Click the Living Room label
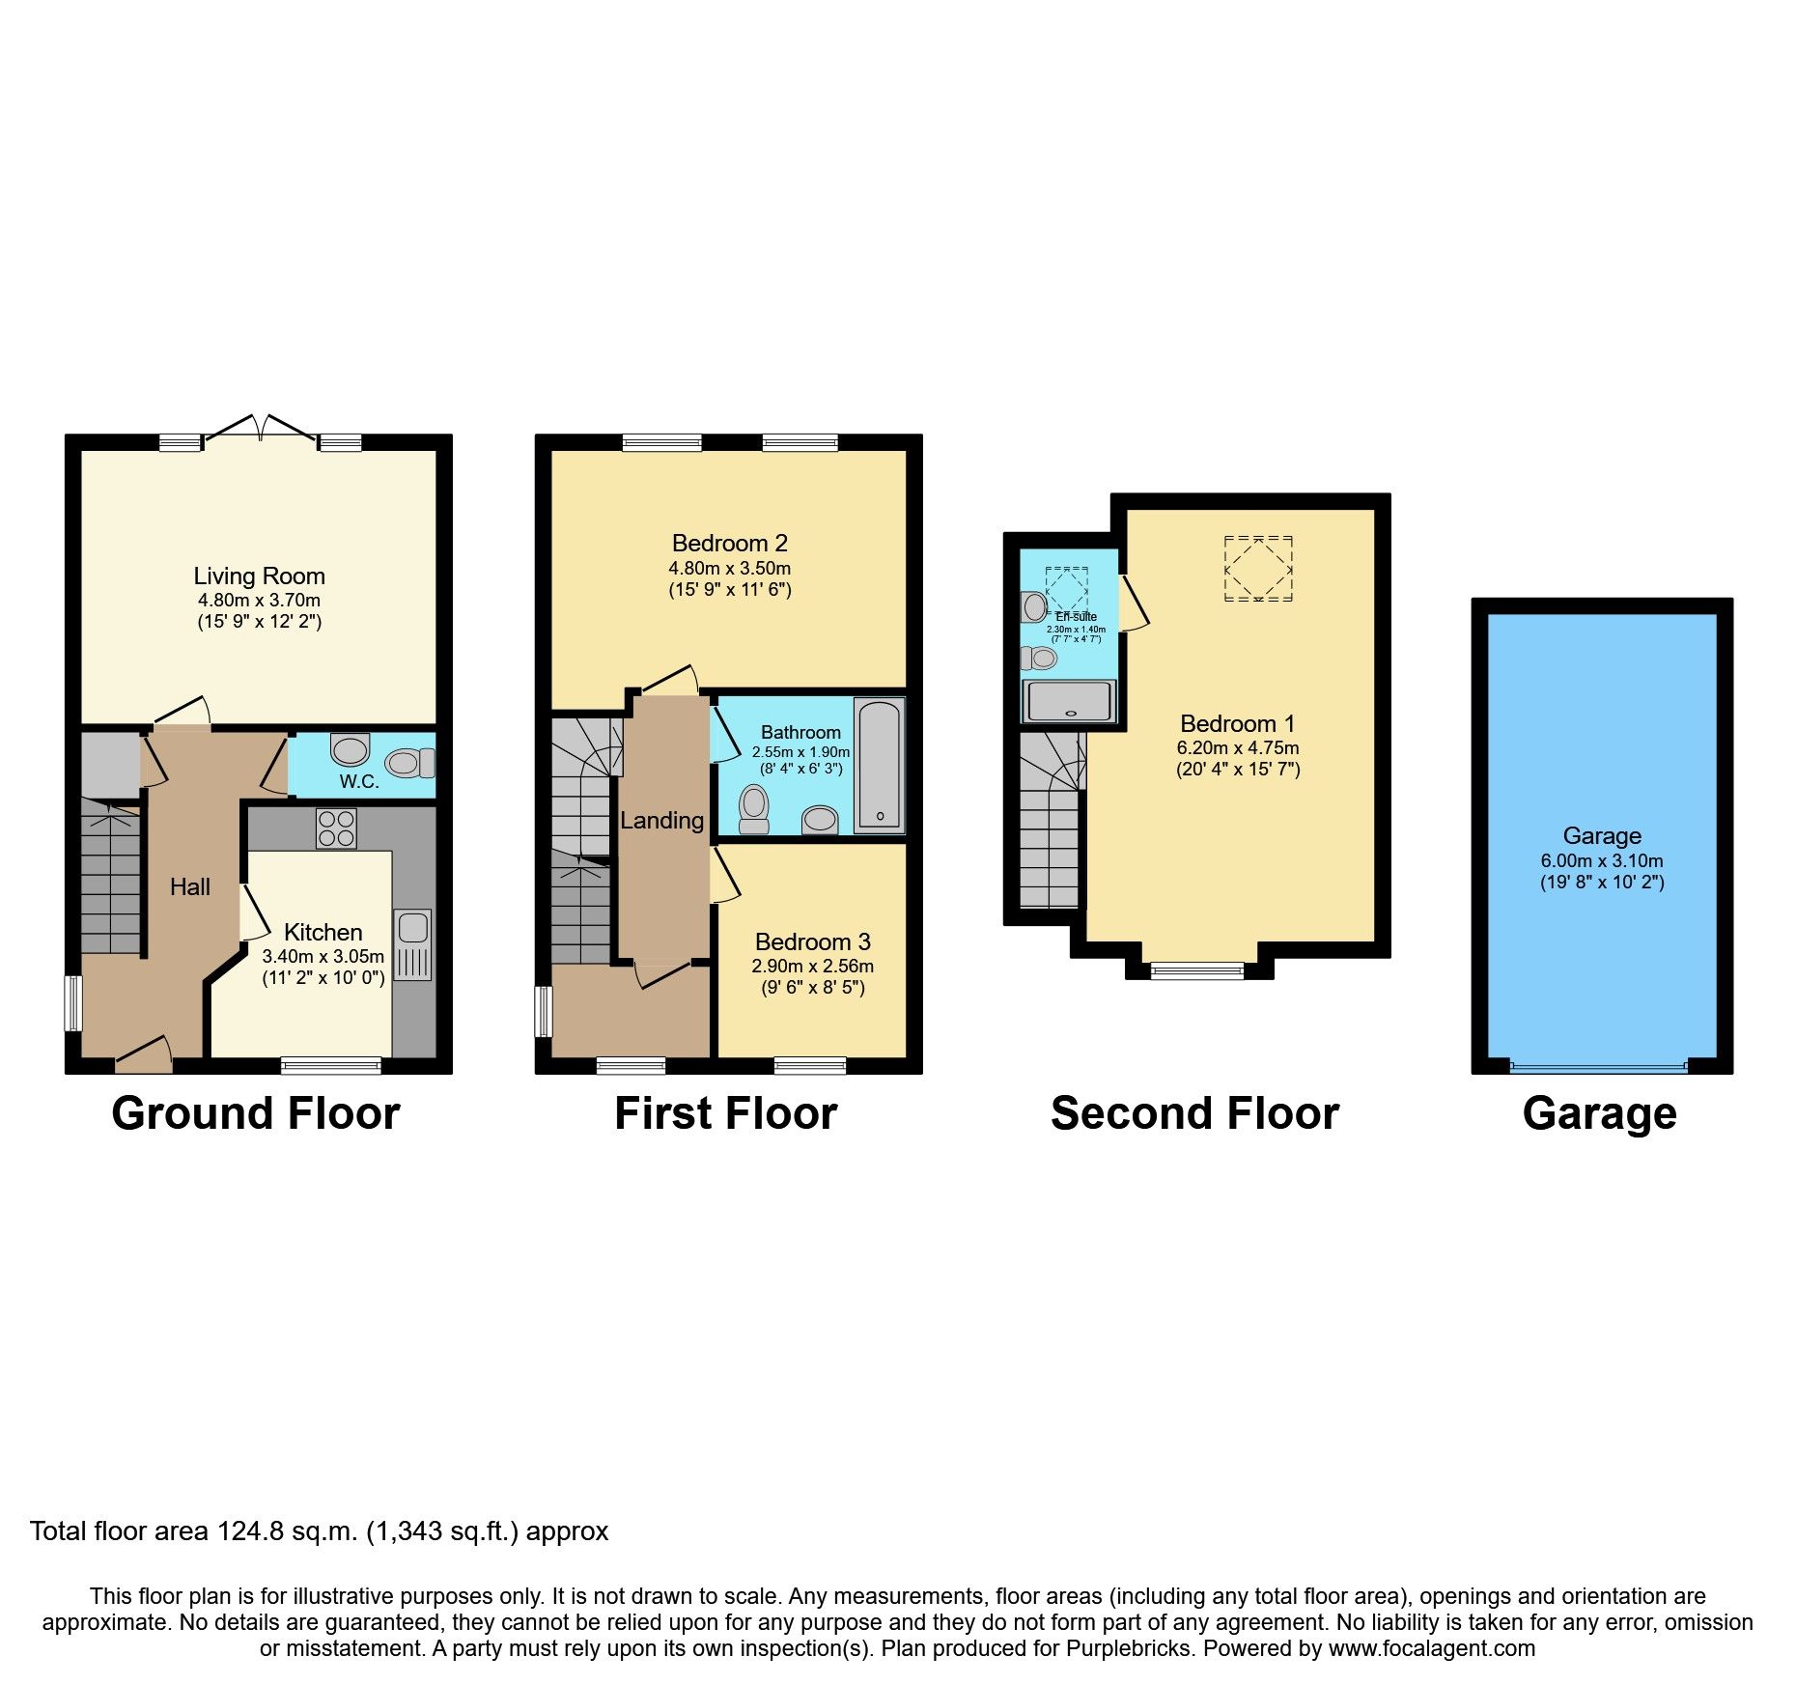(259, 576)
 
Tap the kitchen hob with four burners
(336, 828)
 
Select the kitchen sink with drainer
(412, 944)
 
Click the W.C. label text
(359, 782)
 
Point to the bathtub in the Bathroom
(880, 765)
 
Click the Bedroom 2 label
(729, 544)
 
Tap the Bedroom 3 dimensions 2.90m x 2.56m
(812, 967)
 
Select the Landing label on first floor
(661, 821)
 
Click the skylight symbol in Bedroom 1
(1258, 570)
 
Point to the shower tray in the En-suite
(1070, 701)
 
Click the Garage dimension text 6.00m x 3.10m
(1601, 861)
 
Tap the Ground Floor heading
(256, 1113)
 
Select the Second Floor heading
(1194, 1113)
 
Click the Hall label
(189, 887)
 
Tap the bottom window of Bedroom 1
(1197, 970)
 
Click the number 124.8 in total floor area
(245, 1532)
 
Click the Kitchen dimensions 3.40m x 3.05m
(323, 957)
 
